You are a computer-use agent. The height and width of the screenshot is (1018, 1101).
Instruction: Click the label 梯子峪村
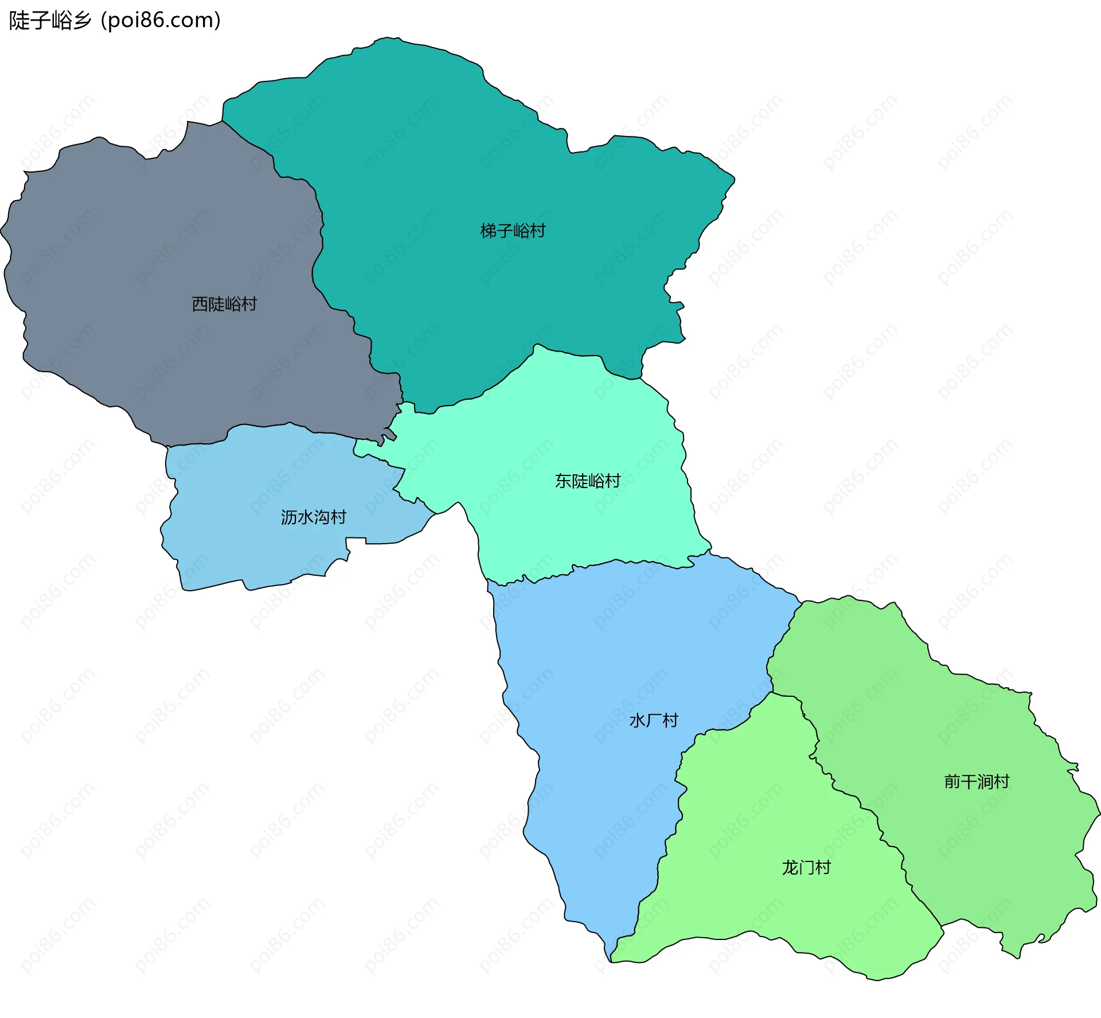[x=513, y=231]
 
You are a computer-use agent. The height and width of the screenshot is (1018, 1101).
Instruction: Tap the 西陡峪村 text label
[x=224, y=304]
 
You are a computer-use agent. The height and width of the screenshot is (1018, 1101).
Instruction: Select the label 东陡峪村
[x=587, y=481]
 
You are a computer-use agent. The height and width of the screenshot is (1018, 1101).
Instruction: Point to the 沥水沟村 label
[x=313, y=517]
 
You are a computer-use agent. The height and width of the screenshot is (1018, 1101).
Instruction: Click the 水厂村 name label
[x=654, y=720]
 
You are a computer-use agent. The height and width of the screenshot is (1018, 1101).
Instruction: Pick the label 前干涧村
[x=976, y=781]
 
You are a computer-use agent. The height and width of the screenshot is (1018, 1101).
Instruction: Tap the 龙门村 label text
[x=806, y=867]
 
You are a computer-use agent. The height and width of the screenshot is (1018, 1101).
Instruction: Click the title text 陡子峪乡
[x=50, y=21]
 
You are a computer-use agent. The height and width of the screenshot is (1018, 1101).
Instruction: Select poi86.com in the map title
[x=161, y=21]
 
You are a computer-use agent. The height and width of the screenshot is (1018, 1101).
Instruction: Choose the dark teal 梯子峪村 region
[x=459, y=161]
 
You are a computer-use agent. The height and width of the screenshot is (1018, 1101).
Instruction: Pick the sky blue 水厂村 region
[x=596, y=803]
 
